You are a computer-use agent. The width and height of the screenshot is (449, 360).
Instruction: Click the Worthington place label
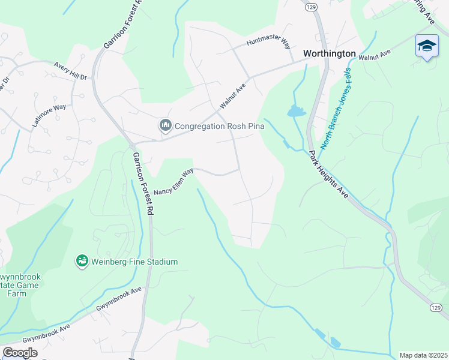pyautogui.click(x=329, y=53)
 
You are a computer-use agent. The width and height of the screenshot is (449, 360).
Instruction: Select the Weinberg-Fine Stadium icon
pyautogui.click(x=82, y=261)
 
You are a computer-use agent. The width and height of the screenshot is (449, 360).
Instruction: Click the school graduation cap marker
pyautogui.click(x=426, y=46)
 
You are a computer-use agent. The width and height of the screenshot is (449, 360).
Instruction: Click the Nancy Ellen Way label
pyautogui.click(x=173, y=182)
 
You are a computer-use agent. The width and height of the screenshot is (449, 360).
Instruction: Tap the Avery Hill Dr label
pyautogui.click(x=70, y=70)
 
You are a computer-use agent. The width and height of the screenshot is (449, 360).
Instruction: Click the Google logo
pyautogui.click(x=20, y=353)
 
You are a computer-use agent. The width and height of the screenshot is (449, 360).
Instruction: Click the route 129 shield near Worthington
pyautogui.click(x=310, y=7)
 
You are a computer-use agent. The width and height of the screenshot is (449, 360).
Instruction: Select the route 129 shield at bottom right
pyautogui.click(x=436, y=307)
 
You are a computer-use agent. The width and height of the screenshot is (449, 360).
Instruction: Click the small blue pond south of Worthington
pyautogui.click(x=296, y=111)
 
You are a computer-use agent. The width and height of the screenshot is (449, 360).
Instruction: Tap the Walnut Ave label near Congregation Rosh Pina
pyautogui.click(x=233, y=96)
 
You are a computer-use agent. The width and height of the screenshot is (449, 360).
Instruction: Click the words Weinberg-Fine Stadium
pyautogui.click(x=134, y=262)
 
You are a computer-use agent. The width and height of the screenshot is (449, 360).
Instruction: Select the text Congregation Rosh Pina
pyautogui.click(x=219, y=126)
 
